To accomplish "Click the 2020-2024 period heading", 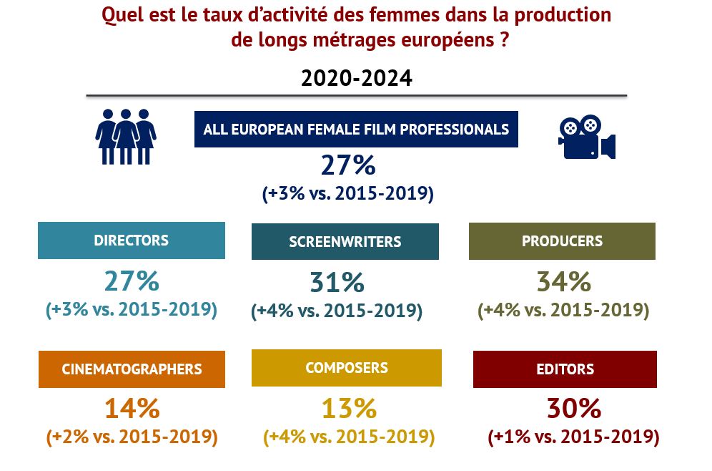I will pyautogui.click(x=356, y=78).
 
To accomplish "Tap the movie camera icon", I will pyautogui.click(x=586, y=137).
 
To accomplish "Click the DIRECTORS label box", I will pyautogui.click(x=132, y=241).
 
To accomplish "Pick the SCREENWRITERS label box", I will pyautogui.click(x=345, y=242).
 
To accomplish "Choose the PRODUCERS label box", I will pyautogui.click(x=562, y=241).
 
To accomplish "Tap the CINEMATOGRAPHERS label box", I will pyautogui.click(x=132, y=369).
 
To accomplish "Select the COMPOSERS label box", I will pyautogui.click(x=347, y=368).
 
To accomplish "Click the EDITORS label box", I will pyautogui.click(x=565, y=369).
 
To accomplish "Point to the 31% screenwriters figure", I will pyautogui.click(x=337, y=283).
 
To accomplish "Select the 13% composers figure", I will pyautogui.click(x=348, y=409).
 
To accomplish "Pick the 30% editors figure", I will pyautogui.click(x=573, y=409).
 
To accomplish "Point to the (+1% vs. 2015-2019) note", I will pyautogui.click(x=573, y=436).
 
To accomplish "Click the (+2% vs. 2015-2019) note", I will pyautogui.click(x=132, y=436).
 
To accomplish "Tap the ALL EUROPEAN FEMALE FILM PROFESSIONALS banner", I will pyautogui.click(x=356, y=130).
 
